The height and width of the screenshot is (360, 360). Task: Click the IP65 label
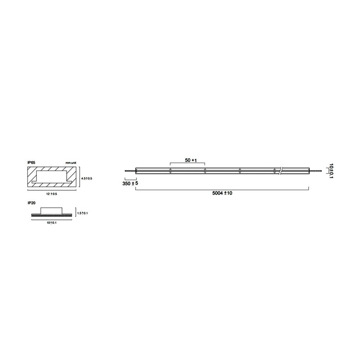pos(31,162)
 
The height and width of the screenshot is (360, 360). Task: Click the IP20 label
pos(31,203)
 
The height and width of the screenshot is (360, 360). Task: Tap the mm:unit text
pos(71,163)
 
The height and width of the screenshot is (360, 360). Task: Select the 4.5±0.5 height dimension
pos(87,178)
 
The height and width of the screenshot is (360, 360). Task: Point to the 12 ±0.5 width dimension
pos(51,194)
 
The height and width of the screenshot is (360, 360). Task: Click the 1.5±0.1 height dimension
pos(82,213)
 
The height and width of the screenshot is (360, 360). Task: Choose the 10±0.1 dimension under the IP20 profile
pos(51,223)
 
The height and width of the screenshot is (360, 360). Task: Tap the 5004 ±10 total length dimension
pos(222,193)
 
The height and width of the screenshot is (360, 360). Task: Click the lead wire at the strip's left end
pos(130,171)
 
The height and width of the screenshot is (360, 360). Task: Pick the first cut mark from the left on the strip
pos(170,171)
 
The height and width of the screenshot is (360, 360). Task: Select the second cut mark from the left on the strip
pos(204,171)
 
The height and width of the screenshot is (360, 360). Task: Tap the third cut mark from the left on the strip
pos(240,171)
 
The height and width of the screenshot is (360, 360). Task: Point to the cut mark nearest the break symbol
pos(274,171)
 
